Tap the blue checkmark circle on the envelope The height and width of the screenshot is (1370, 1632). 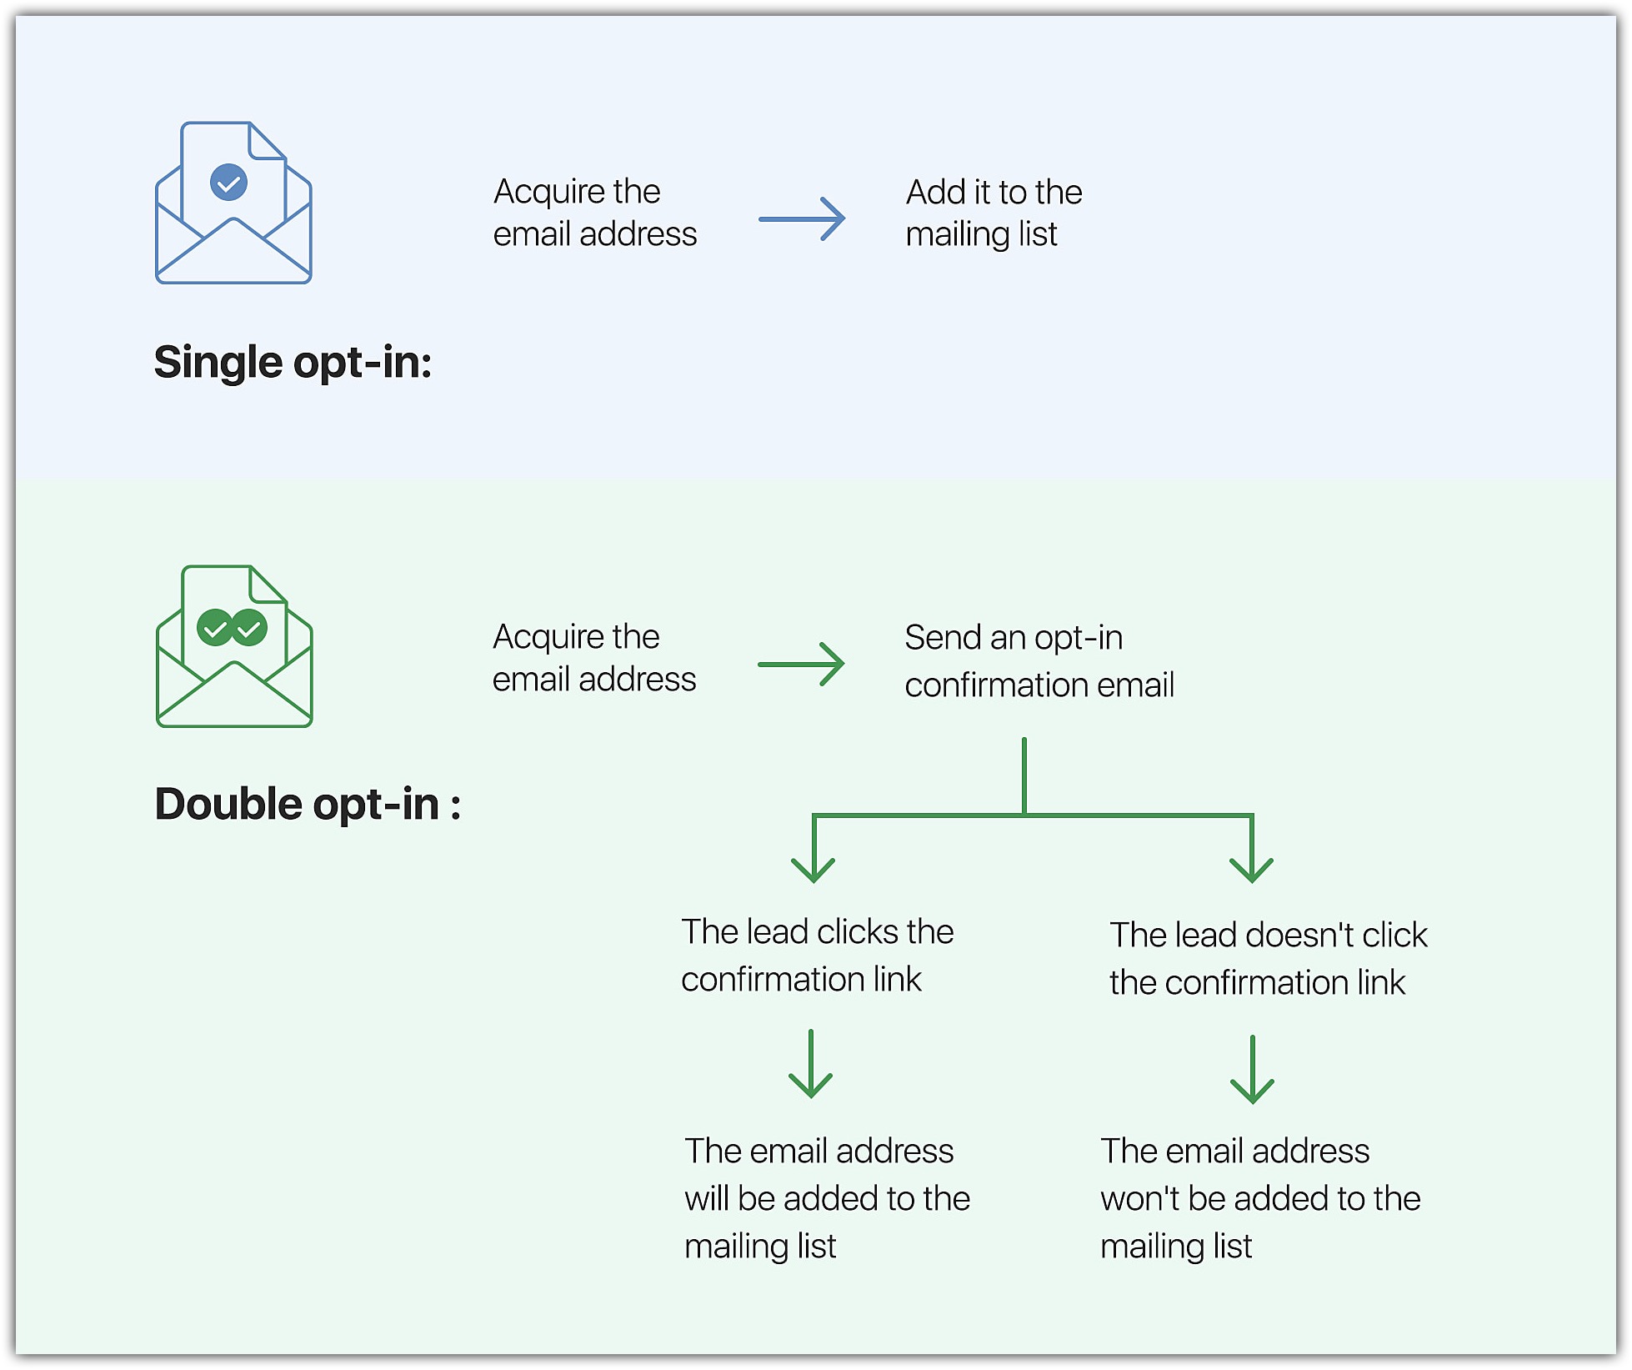(x=228, y=183)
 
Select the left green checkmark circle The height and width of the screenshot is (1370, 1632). (x=215, y=628)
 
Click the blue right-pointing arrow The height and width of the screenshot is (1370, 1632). (x=802, y=219)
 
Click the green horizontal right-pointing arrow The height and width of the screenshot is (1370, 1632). (x=801, y=665)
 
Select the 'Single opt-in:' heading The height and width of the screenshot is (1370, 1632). (x=293, y=363)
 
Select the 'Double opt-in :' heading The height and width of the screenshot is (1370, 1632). (x=308, y=805)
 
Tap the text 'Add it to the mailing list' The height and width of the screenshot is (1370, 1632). (x=993, y=213)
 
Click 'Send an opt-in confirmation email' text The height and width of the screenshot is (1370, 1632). (x=1039, y=661)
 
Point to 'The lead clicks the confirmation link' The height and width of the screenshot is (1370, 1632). (x=817, y=956)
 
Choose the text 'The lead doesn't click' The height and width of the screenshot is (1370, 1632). (x=1268, y=936)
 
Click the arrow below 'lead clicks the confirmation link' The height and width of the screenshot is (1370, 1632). (x=811, y=1065)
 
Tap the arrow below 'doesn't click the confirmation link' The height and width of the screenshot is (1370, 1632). (x=1252, y=1070)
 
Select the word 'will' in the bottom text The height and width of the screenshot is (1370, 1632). (x=707, y=1199)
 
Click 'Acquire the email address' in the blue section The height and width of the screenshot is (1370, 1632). (x=594, y=213)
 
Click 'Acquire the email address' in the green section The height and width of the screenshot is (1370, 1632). (x=593, y=659)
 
